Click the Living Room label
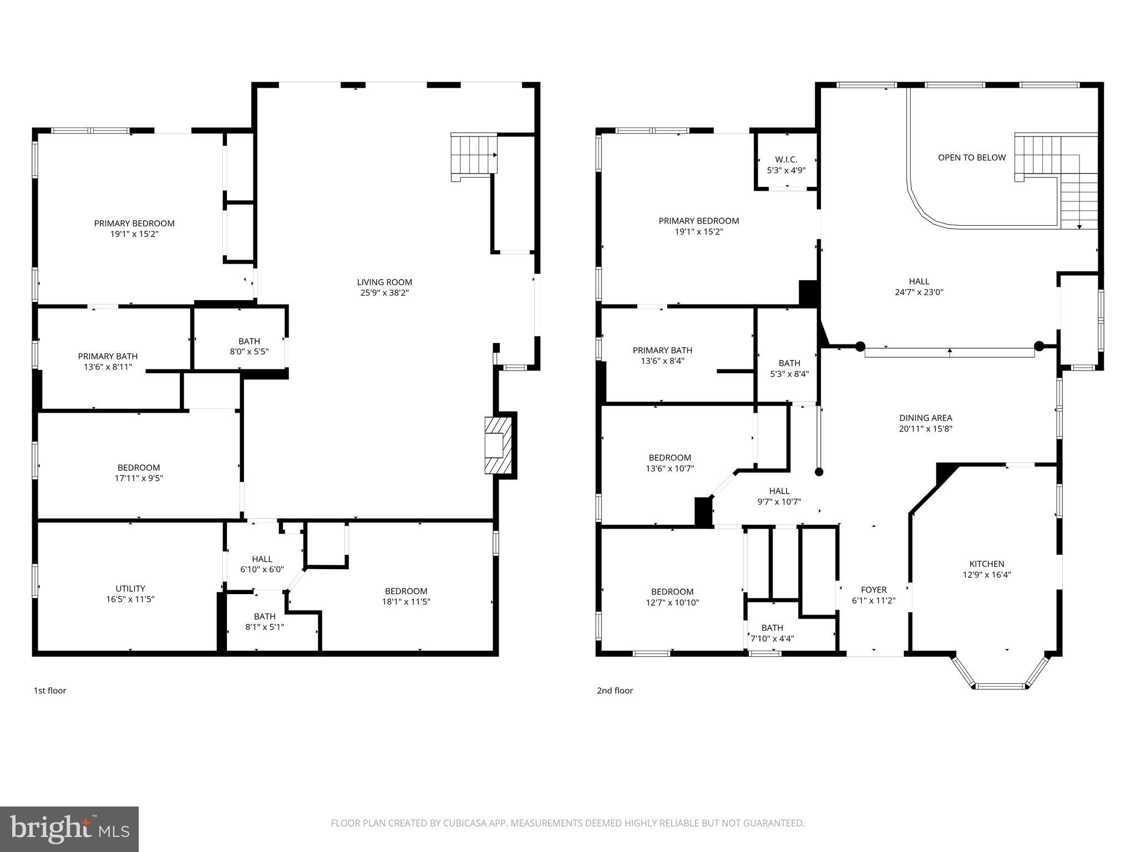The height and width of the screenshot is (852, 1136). point(384,282)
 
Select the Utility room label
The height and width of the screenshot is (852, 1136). point(130,589)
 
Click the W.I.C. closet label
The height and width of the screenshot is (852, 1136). point(786,160)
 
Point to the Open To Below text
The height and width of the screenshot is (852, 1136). point(971,158)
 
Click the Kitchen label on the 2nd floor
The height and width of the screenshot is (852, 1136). point(986,564)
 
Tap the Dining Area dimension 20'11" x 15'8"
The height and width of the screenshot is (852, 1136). point(925,429)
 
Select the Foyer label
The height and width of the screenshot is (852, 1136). point(874,590)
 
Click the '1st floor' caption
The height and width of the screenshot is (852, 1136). point(50,691)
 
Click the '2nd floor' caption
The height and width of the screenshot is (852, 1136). point(615,691)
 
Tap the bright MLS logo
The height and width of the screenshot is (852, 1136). point(69,829)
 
